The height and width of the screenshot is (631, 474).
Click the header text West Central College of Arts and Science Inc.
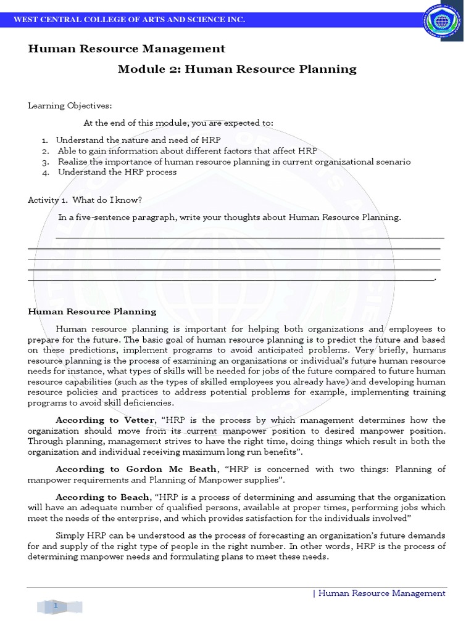(x=130, y=20)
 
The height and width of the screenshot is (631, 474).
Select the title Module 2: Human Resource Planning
(x=237, y=69)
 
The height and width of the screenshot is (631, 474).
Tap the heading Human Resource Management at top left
(x=127, y=49)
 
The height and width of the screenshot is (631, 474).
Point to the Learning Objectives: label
(x=70, y=106)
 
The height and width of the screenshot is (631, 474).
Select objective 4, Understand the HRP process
(x=117, y=172)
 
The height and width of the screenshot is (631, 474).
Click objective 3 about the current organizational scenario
(x=234, y=161)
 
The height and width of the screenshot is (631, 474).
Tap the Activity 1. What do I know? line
(x=85, y=200)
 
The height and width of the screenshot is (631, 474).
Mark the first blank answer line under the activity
(x=249, y=237)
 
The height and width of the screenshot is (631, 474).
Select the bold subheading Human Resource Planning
(x=92, y=312)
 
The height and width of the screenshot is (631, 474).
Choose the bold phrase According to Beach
(x=102, y=497)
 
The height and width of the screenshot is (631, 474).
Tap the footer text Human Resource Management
(x=381, y=593)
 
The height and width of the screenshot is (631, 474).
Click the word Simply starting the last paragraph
(x=70, y=535)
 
